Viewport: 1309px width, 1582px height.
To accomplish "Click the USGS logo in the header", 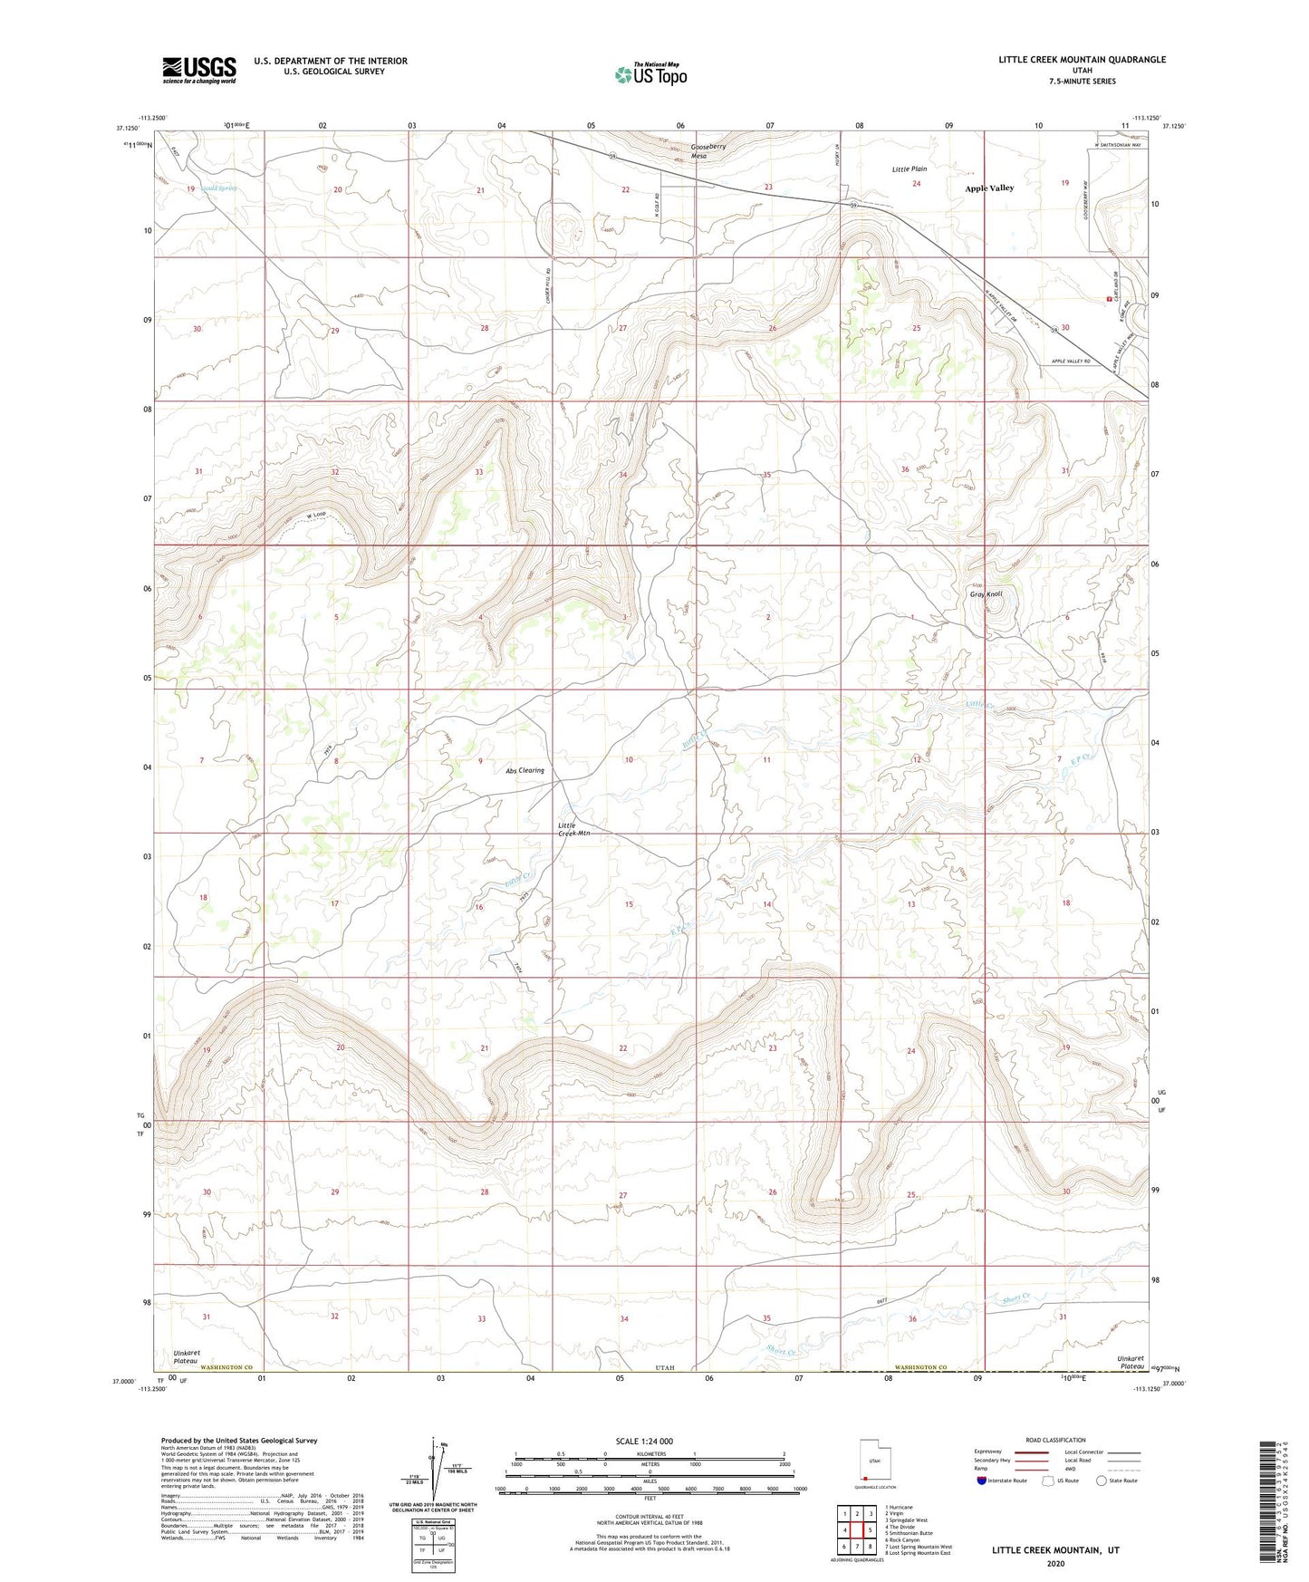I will [198, 70].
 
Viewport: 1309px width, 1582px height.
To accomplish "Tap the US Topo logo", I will [650, 74].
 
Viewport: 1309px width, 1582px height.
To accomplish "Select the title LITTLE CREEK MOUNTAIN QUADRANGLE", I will [1082, 60].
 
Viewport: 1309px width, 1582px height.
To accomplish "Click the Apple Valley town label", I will [989, 188].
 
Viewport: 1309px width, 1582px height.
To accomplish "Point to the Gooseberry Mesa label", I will [708, 151].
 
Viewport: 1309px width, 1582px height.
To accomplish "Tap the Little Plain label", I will [910, 169].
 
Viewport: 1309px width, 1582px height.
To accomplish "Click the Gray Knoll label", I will [986, 594].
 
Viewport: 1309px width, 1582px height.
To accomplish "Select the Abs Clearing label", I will [525, 771].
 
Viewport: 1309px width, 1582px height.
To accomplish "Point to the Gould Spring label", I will [217, 188].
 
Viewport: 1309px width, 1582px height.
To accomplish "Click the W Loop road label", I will [315, 516].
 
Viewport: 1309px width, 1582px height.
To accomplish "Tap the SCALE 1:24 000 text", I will [644, 1442].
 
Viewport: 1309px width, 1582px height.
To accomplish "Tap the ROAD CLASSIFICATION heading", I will [1055, 1440].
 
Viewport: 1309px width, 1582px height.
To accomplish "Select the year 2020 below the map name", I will [1055, 1563].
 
